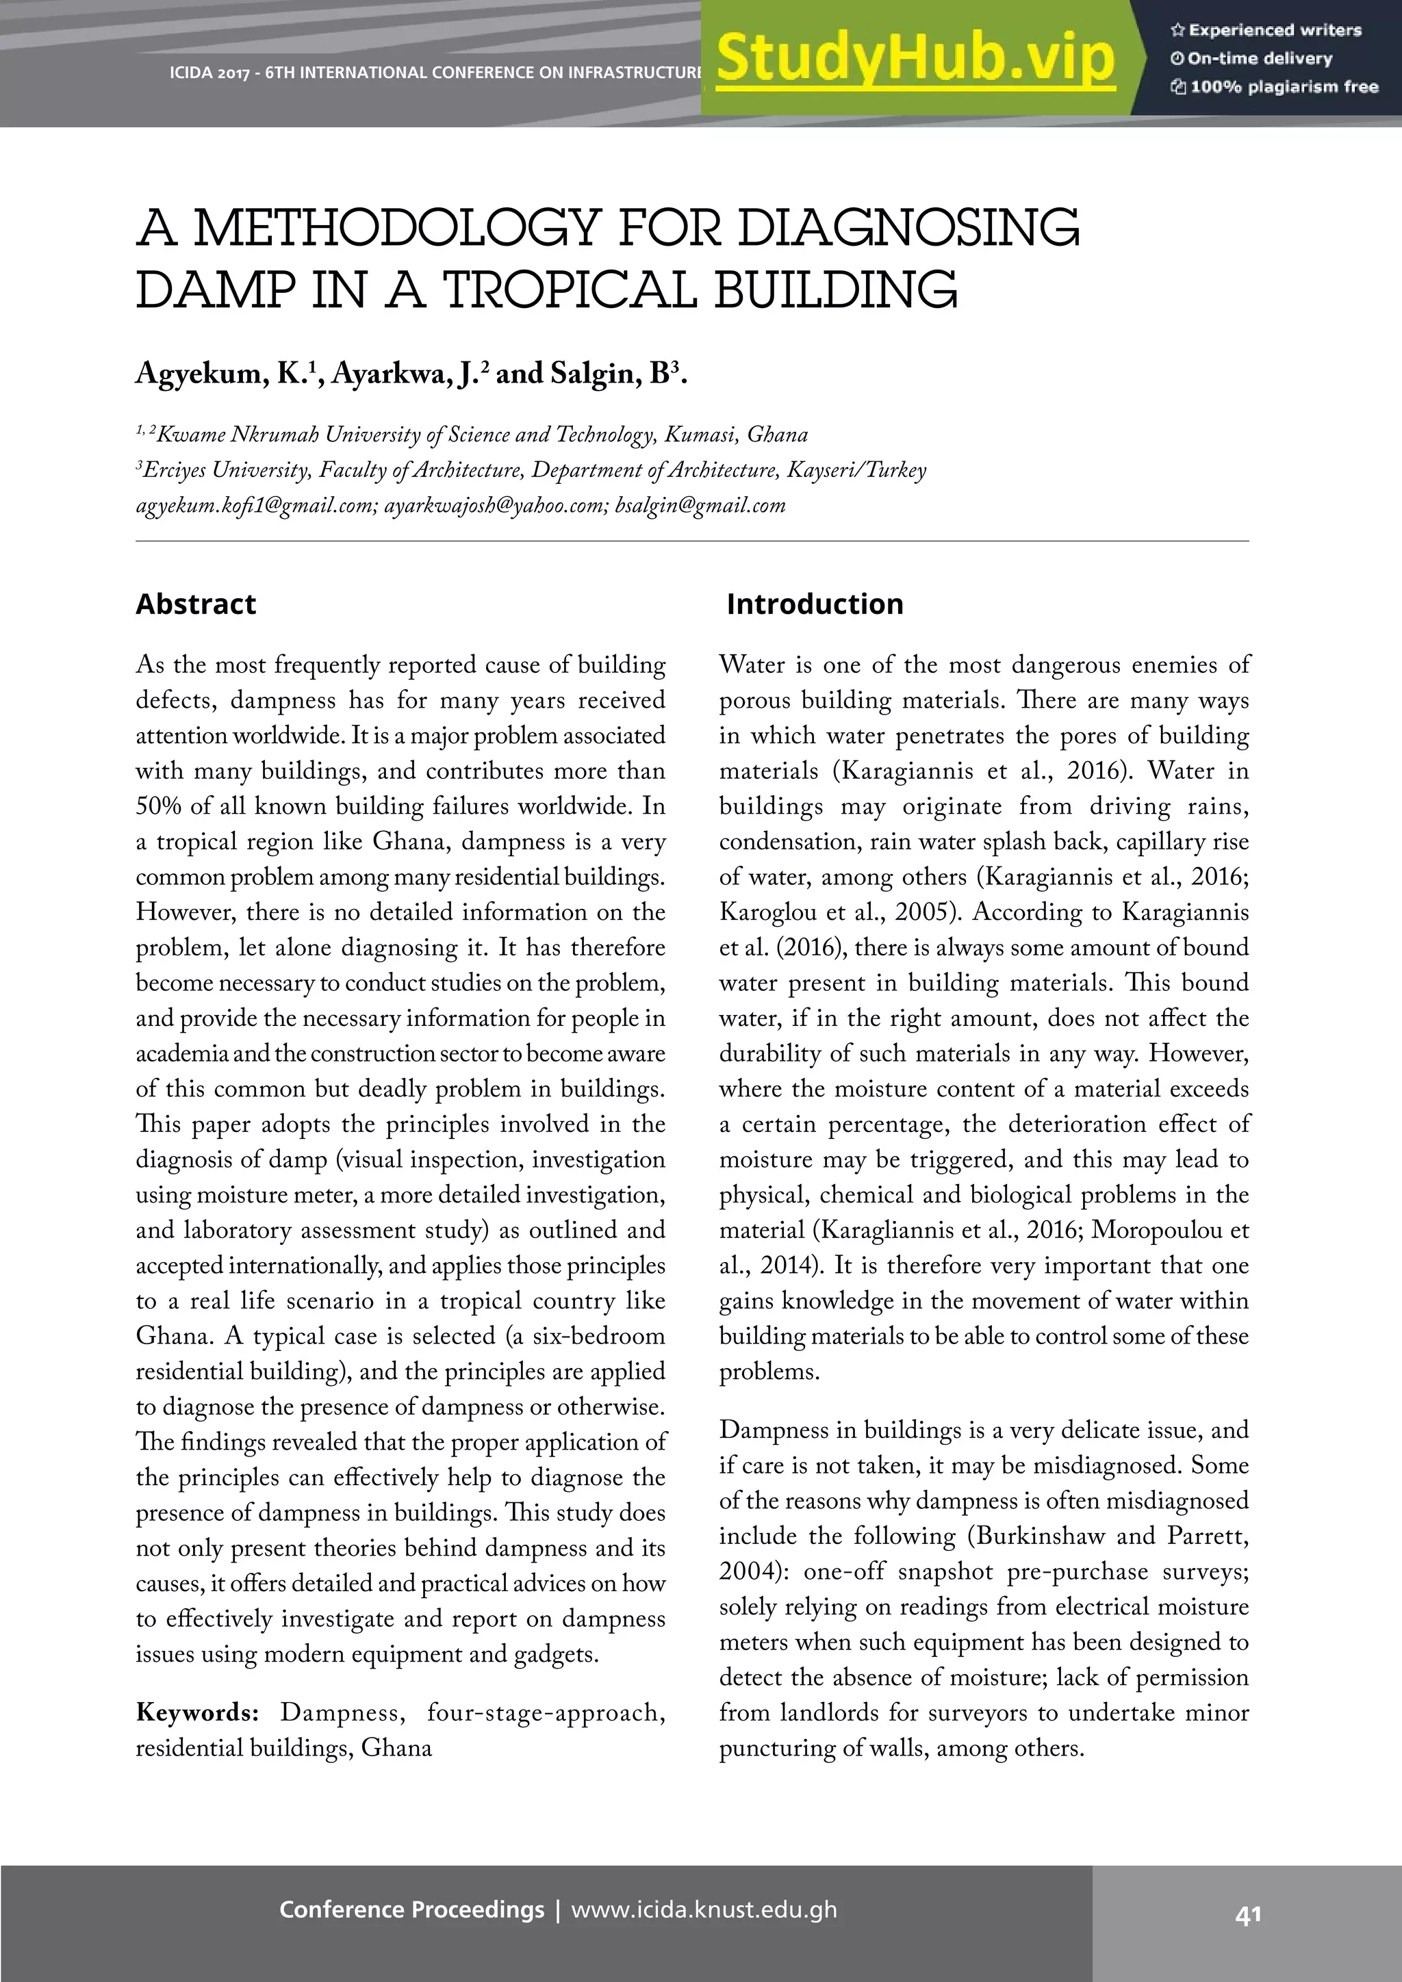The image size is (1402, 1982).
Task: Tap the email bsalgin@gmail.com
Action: pos(700,505)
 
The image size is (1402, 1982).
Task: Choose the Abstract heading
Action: pos(196,604)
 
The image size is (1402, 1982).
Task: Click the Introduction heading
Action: pos(815,604)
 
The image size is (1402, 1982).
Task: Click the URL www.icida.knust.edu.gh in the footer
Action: pos(704,1909)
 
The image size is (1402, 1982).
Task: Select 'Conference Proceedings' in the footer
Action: pos(412,1909)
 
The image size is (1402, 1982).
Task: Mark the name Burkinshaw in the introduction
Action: pos(1039,1536)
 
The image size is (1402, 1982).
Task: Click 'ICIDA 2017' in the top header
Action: pos(209,73)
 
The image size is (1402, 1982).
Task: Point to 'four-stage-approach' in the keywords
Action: pos(546,1712)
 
